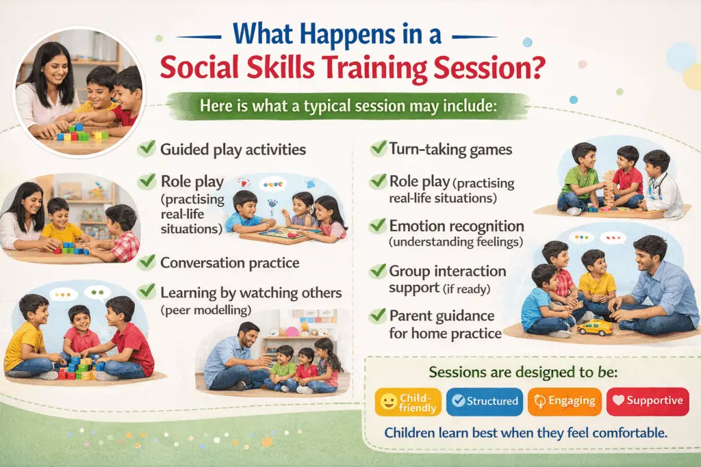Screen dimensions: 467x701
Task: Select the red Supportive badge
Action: (x=647, y=401)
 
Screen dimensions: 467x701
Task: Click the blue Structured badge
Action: (x=485, y=401)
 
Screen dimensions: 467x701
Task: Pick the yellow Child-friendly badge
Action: (x=408, y=401)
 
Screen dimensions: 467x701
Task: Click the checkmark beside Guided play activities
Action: (x=146, y=148)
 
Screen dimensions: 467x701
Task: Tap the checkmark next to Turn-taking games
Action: (x=377, y=148)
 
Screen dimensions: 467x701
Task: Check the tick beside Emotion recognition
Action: (x=377, y=226)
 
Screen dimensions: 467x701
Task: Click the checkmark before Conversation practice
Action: (x=146, y=262)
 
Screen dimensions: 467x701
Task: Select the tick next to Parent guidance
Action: (x=377, y=316)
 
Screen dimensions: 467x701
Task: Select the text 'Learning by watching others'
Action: (x=251, y=293)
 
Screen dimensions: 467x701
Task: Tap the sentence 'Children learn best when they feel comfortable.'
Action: (x=526, y=433)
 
